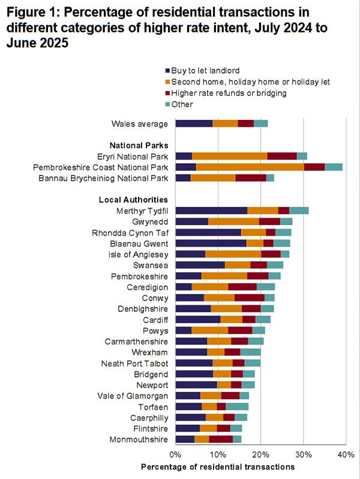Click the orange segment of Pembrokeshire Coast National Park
pos(250,167)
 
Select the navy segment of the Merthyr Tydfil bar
pos(211,210)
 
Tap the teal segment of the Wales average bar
pos(260,123)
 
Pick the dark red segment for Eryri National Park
pos(282,156)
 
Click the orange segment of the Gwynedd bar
pos(233,221)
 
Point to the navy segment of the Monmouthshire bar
pos(185,439)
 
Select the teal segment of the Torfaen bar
pos(237,406)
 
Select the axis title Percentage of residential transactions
pos(218,466)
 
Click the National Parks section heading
pos(138,145)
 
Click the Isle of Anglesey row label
pos(137,254)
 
